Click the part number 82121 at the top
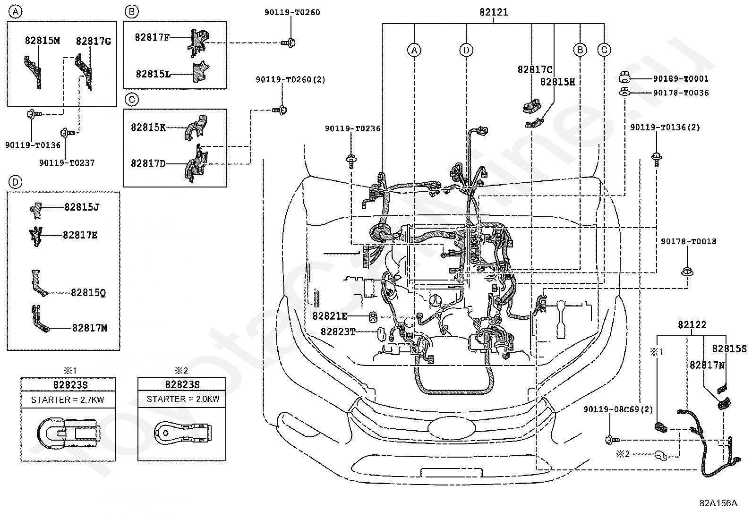(x=494, y=12)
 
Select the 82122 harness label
(x=692, y=324)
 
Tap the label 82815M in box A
(x=43, y=41)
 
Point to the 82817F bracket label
(x=152, y=37)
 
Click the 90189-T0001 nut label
(x=681, y=78)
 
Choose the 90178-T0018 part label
(x=689, y=241)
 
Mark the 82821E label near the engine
(x=330, y=316)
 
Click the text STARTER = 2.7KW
(x=68, y=400)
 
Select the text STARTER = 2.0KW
(x=183, y=399)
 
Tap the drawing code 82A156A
(x=718, y=503)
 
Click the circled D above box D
(x=15, y=182)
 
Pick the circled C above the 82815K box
(x=132, y=100)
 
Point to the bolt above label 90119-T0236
(x=351, y=161)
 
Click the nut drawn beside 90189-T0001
(x=624, y=77)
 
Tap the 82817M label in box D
(x=90, y=328)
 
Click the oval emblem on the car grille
(x=452, y=427)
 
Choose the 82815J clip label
(x=82, y=207)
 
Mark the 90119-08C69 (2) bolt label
(x=618, y=409)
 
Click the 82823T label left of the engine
(x=338, y=332)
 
